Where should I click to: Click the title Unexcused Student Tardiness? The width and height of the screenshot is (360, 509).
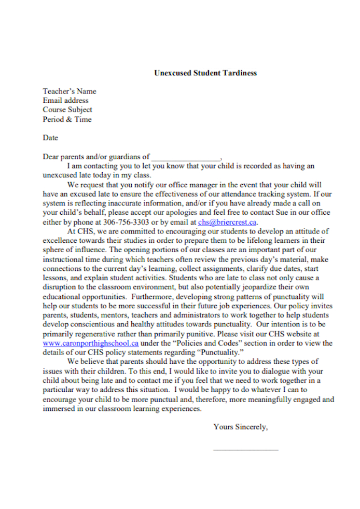(x=205, y=73)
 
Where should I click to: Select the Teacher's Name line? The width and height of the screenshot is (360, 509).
(x=70, y=91)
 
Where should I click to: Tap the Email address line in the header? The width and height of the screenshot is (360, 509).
(x=66, y=101)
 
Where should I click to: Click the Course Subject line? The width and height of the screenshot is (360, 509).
(x=67, y=110)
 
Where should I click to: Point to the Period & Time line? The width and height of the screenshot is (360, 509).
(x=67, y=119)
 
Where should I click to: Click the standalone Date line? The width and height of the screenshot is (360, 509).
(x=50, y=138)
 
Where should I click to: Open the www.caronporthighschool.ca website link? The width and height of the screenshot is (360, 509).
(x=91, y=343)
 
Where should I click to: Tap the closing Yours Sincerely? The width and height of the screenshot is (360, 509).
(x=241, y=427)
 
